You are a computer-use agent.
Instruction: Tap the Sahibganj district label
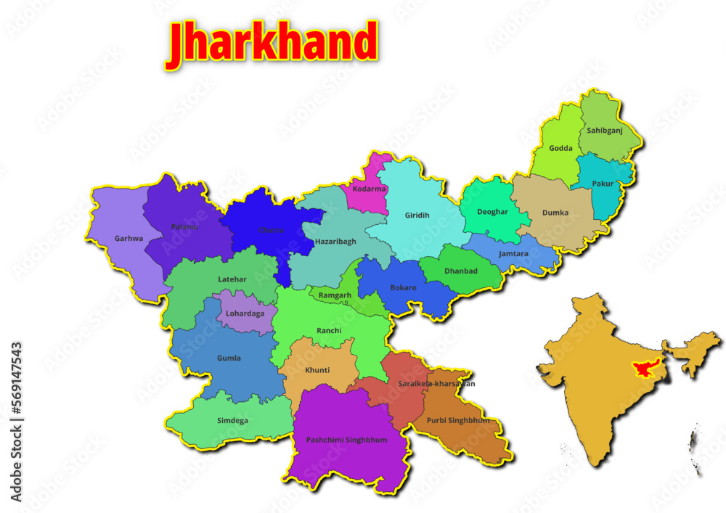click(605, 131)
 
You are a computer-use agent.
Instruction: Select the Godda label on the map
click(560, 148)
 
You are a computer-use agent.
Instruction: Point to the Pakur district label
click(603, 184)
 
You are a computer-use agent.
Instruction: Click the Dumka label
click(555, 213)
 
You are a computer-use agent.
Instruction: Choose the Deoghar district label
click(493, 212)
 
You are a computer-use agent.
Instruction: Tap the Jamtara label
click(514, 254)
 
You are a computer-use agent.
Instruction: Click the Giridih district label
click(417, 215)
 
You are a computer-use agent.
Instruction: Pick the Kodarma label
click(369, 189)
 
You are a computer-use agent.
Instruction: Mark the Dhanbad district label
click(461, 271)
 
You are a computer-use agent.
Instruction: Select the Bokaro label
click(403, 287)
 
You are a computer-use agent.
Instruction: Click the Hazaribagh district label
click(335, 241)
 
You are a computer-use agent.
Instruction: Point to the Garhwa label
click(129, 238)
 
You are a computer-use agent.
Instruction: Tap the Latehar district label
click(232, 279)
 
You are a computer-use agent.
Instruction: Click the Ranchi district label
click(329, 331)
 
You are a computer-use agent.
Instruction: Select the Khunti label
click(317, 370)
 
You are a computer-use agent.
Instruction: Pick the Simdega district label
click(232, 420)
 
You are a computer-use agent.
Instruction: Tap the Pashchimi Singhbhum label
click(346, 440)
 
